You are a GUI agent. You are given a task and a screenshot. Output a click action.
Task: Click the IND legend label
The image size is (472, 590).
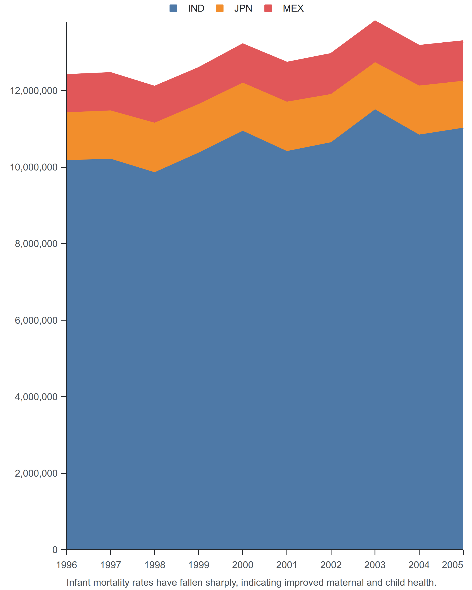tap(196, 9)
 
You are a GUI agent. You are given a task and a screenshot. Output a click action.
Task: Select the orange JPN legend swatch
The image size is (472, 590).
tap(220, 9)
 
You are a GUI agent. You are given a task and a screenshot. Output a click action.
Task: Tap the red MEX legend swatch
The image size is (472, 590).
tap(268, 9)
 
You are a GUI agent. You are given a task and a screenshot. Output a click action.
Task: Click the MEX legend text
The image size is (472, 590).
tap(293, 9)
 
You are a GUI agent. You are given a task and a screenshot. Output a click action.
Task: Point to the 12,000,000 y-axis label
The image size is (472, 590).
tap(34, 91)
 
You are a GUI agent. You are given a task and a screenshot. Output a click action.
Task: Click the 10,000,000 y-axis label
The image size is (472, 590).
tap(34, 167)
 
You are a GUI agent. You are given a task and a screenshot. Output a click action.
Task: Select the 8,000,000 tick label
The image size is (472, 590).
tap(36, 244)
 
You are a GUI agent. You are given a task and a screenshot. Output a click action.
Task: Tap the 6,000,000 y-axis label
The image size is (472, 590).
tap(36, 320)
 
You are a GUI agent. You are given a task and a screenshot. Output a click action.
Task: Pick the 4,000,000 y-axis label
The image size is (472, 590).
tap(36, 397)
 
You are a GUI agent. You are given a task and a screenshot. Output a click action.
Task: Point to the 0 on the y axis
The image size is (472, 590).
tap(55, 550)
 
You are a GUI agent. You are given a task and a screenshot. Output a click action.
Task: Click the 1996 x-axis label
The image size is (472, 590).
tap(66, 565)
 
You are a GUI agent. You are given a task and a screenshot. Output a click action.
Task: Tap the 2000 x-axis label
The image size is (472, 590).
tap(243, 565)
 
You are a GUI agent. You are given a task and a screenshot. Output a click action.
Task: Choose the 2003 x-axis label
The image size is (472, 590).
tap(375, 565)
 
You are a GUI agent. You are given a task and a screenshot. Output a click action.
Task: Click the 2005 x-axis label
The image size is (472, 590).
tap(453, 565)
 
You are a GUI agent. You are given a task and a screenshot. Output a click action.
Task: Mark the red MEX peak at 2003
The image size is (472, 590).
tap(375, 21)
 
